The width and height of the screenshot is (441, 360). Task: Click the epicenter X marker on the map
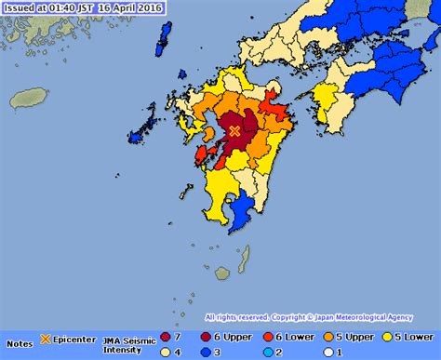click(x=234, y=132)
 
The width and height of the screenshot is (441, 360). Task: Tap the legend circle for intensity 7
click(x=165, y=337)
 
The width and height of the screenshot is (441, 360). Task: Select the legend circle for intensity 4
click(x=165, y=352)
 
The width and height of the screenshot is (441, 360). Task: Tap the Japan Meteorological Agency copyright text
click(x=360, y=317)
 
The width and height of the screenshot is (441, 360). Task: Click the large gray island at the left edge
click(x=29, y=98)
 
